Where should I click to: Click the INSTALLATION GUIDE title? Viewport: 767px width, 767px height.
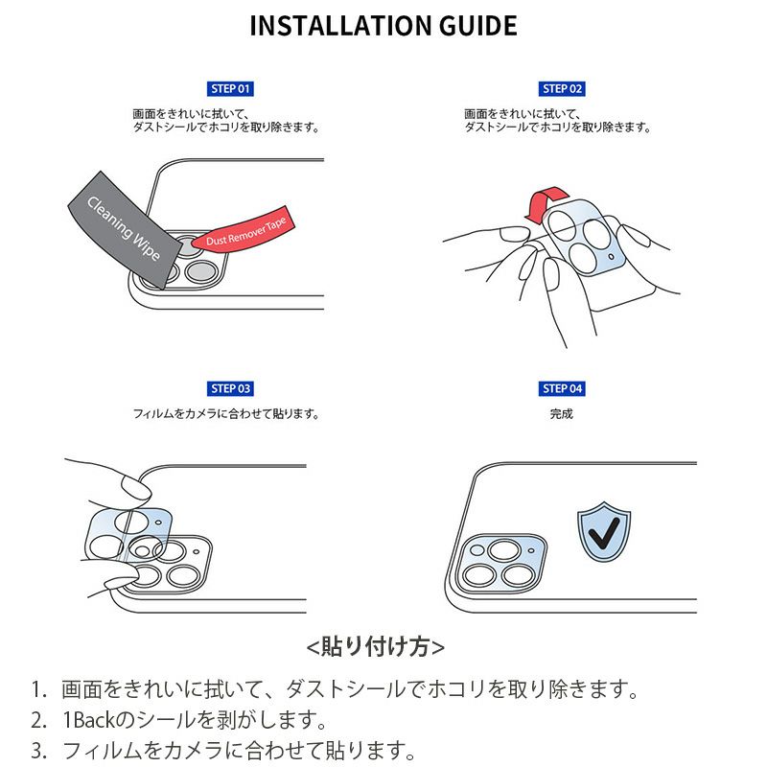[x=383, y=26]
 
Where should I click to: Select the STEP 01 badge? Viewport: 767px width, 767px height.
[x=230, y=89]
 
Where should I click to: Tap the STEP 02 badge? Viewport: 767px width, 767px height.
[x=563, y=89]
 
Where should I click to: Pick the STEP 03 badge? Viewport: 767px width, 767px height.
[x=230, y=388]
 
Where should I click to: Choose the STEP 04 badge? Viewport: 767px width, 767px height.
[x=563, y=388]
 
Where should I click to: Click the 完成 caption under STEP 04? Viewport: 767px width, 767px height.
[x=562, y=414]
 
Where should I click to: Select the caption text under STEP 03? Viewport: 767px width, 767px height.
[x=226, y=414]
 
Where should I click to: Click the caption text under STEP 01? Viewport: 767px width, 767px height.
[x=226, y=120]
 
